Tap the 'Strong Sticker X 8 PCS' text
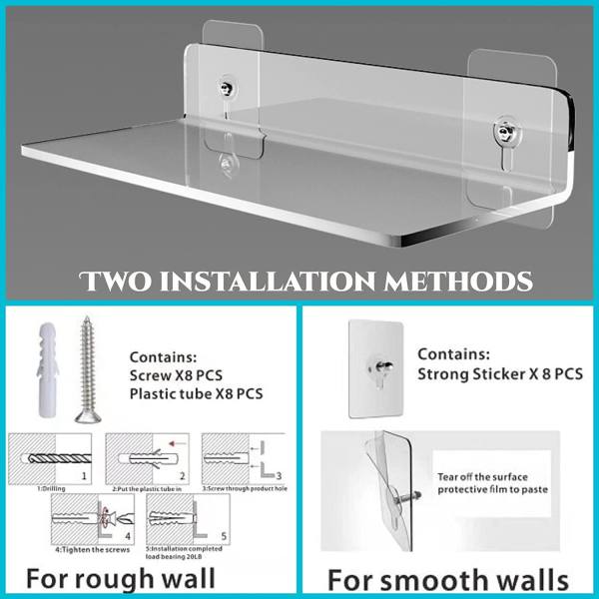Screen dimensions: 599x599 [x=499, y=373]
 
